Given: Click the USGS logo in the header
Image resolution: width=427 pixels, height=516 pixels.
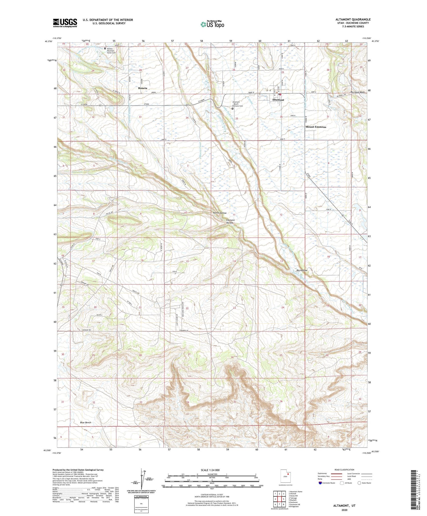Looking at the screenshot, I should click(65, 23).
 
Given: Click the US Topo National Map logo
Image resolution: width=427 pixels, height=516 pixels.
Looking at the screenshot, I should click(212, 24).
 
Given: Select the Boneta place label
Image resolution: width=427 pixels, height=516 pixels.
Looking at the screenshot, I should click(143, 88).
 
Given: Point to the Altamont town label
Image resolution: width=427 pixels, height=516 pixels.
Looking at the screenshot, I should click(278, 100).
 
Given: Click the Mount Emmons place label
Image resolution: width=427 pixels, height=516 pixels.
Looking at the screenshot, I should click(316, 127).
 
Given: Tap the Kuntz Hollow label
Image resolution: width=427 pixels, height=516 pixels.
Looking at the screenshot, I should click(220, 213).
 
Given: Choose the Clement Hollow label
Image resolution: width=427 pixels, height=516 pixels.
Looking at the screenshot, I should click(230, 221).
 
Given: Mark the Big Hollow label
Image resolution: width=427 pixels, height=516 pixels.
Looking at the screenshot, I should click(302, 270).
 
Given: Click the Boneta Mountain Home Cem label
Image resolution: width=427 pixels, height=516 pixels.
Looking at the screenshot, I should click(111, 50).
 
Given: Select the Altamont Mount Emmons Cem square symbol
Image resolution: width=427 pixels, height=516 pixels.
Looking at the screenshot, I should click(232, 108).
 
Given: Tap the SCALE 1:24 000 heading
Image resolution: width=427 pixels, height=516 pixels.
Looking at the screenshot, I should click(212, 470).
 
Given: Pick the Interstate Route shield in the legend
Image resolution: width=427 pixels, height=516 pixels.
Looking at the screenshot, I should click(321, 483).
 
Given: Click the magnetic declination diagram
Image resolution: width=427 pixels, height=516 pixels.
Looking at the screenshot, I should click(141, 482).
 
